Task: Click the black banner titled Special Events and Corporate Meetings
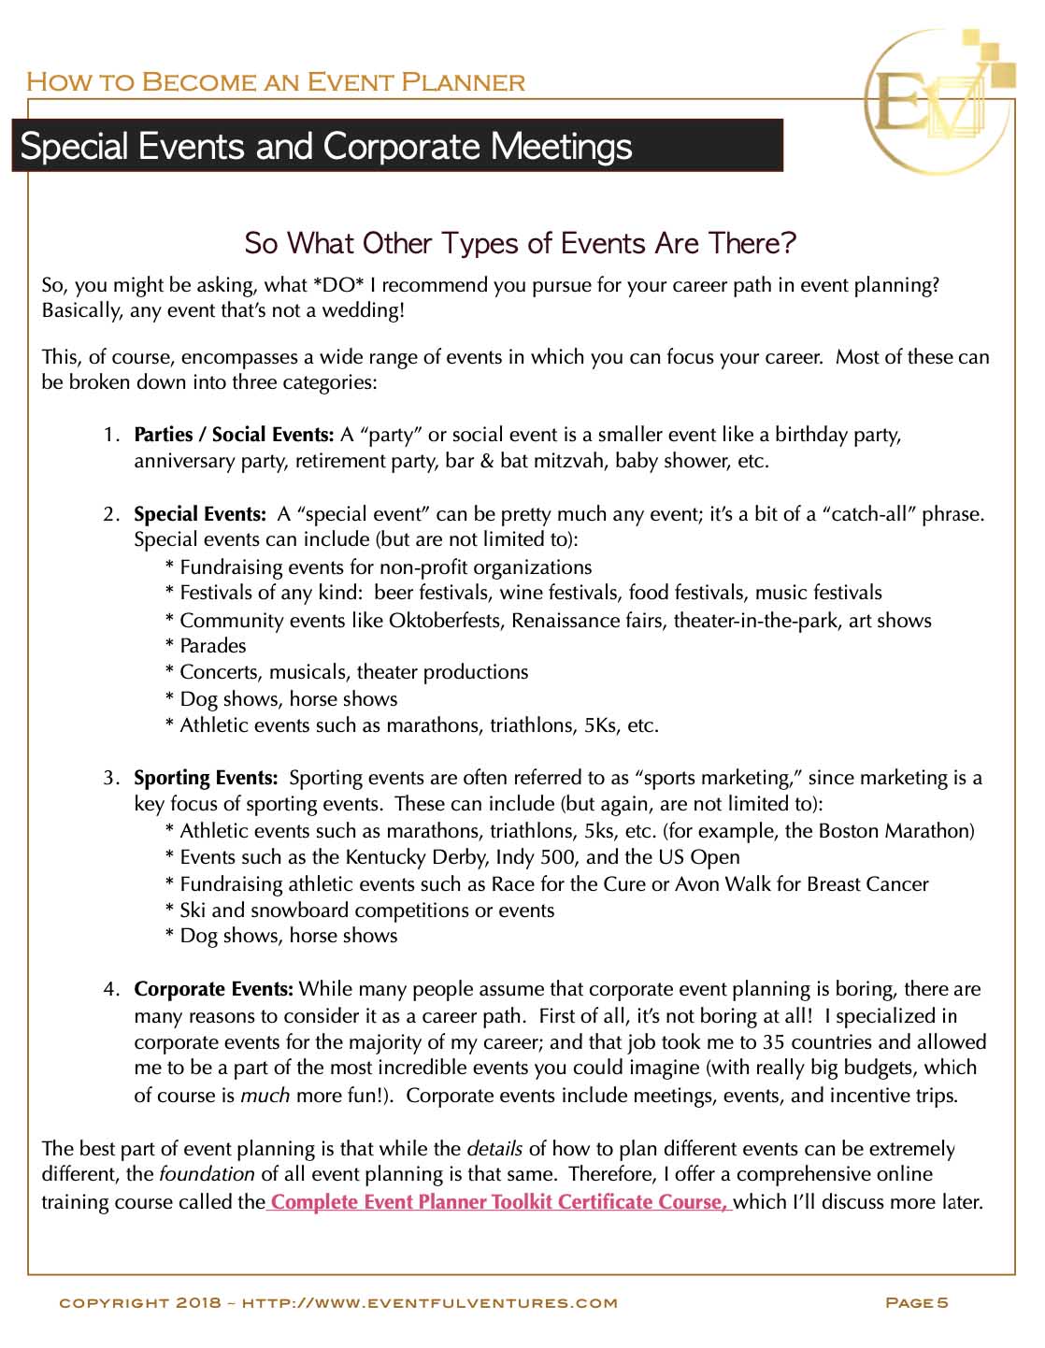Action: [x=396, y=146]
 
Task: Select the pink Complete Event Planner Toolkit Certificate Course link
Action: [x=499, y=1202]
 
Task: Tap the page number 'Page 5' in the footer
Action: [x=916, y=1302]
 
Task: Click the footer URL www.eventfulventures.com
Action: [x=430, y=1302]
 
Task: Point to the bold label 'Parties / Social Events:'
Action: [x=234, y=435]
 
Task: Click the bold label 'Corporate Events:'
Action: [x=214, y=989]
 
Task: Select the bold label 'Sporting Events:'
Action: [x=206, y=778]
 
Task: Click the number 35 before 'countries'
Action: [x=773, y=1042]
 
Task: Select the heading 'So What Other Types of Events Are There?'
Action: [x=520, y=244]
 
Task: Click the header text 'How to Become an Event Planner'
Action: [x=276, y=82]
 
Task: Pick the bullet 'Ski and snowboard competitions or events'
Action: [x=366, y=911]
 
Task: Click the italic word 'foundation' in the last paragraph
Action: [x=207, y=1174]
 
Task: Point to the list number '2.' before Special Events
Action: [x=112, y=514]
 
